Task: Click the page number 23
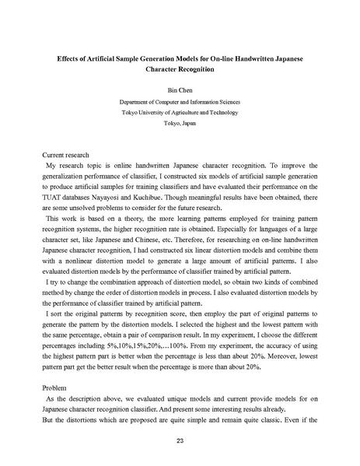click(179, 440)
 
